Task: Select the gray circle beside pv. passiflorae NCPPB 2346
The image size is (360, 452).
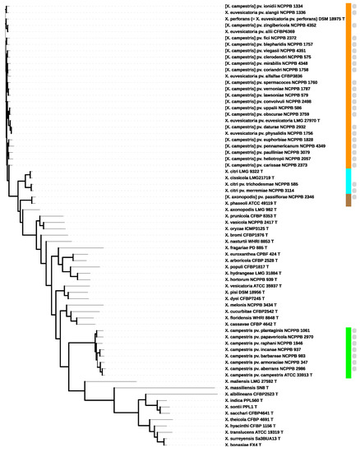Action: pos(356,197)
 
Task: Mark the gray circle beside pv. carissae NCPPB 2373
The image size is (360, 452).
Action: pos(356,164)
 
